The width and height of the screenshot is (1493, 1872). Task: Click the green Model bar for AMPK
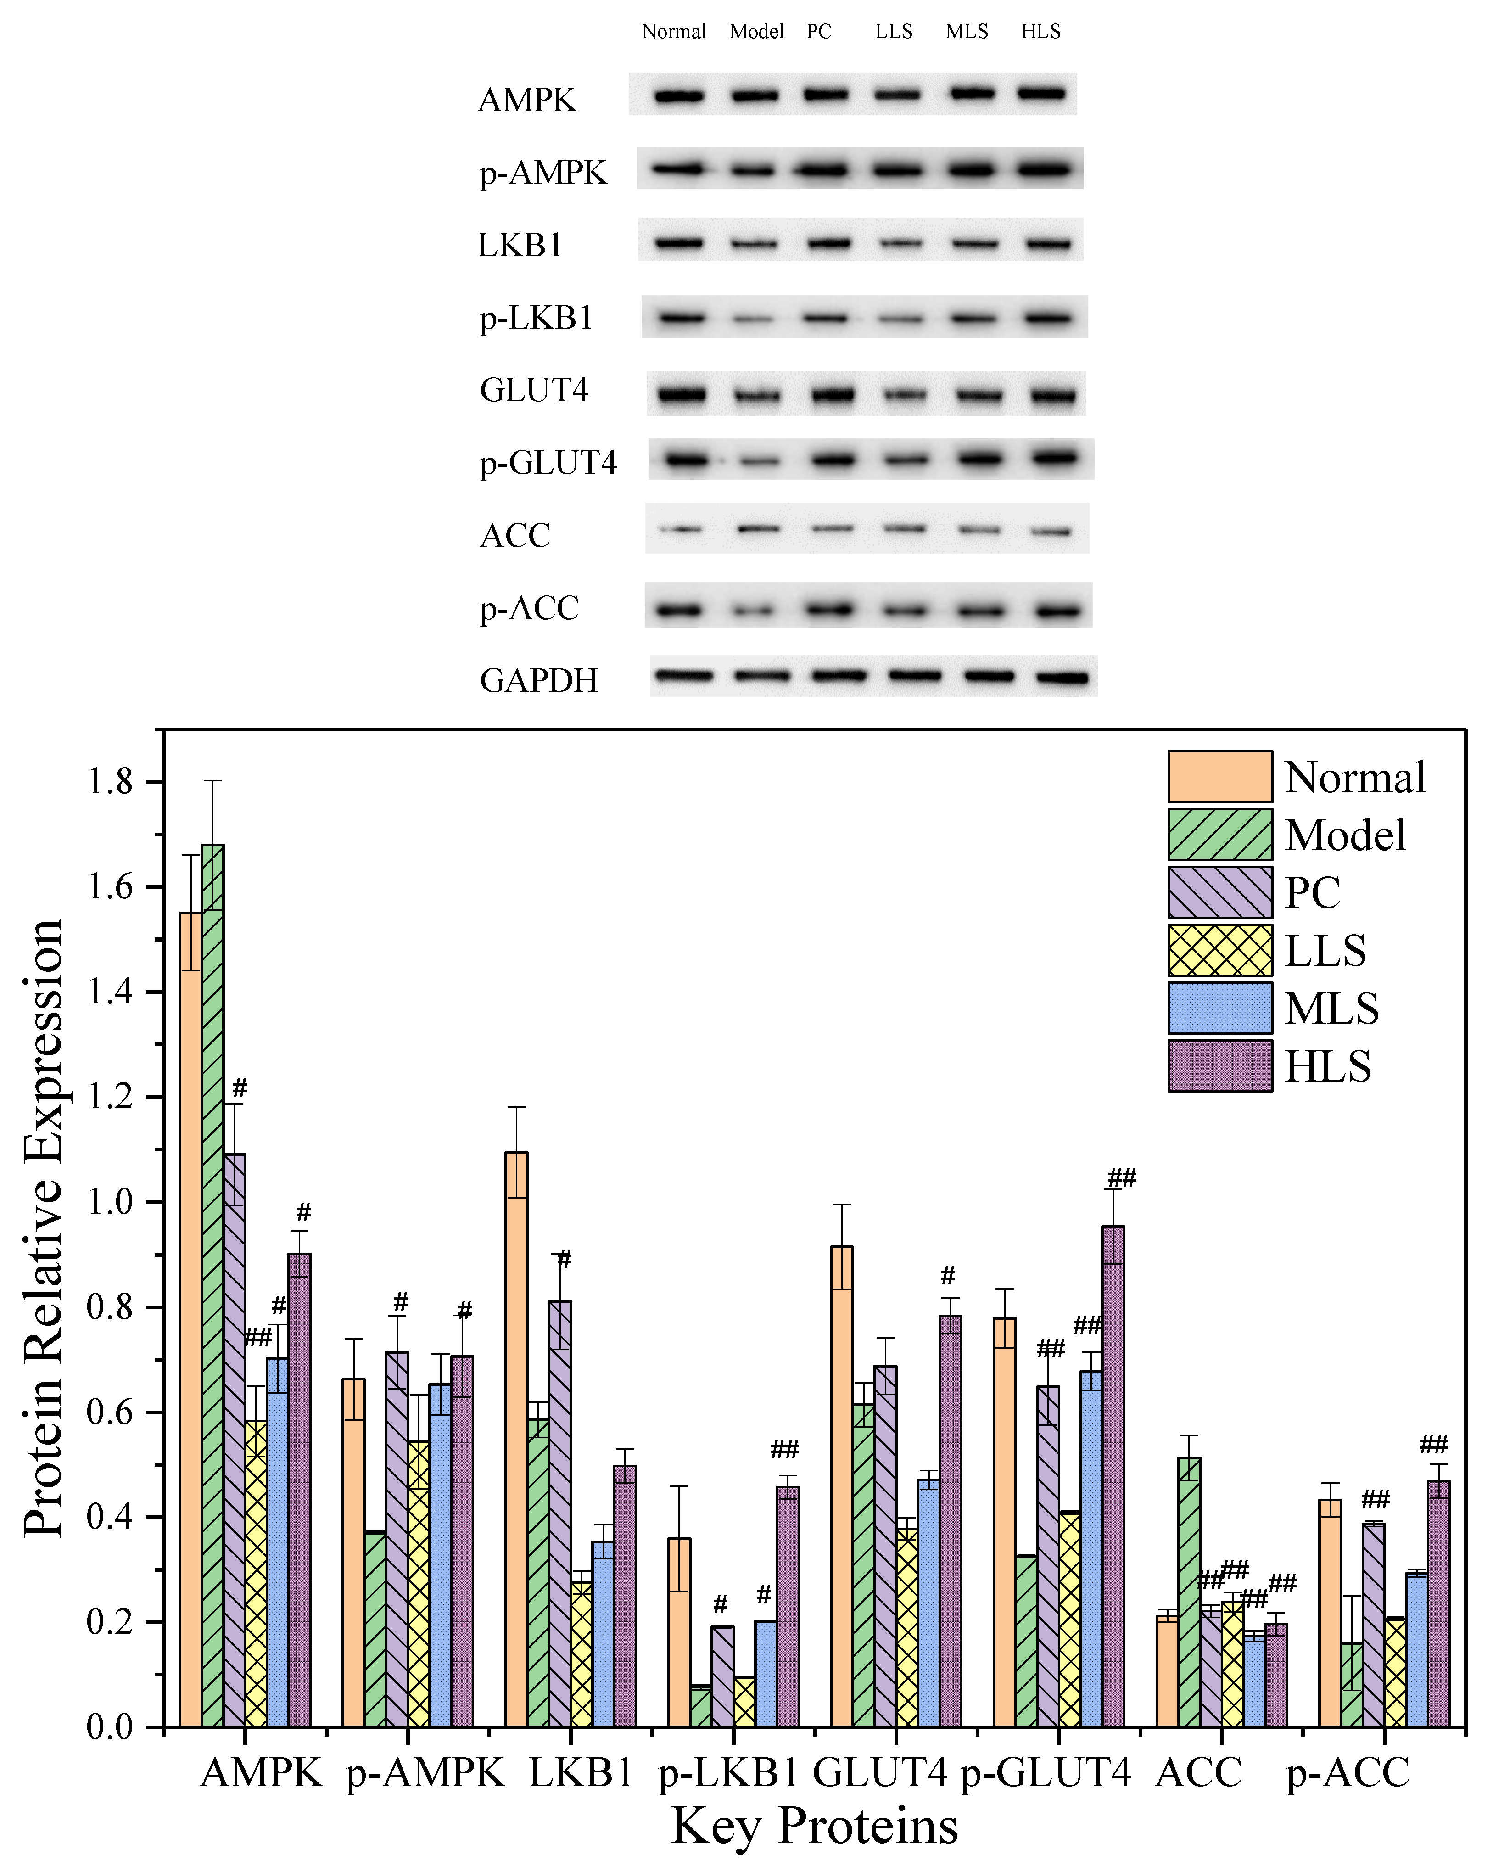coord(212,1285)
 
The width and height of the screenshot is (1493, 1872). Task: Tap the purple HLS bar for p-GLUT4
coord(1113,1476)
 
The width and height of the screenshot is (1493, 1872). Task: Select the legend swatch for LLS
coord(1219,950)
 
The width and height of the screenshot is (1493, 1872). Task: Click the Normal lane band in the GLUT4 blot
coord(682,395)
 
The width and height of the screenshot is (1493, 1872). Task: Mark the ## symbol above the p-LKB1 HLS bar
coord(785,1449)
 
